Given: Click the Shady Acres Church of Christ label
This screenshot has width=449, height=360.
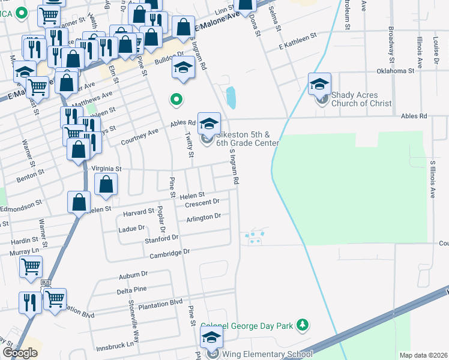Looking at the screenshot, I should coord(361,99).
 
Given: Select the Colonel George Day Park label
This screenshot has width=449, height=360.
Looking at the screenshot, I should coord(247,326).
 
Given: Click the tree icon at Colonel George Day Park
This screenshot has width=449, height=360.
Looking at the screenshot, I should coord(304,325).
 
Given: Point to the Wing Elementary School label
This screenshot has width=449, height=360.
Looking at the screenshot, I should coord(259,355).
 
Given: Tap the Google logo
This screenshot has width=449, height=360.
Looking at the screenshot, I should coord(20,353).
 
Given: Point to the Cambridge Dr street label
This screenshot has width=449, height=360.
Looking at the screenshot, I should coord(170,253).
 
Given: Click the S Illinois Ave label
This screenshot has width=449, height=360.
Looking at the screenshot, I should coord(432,179).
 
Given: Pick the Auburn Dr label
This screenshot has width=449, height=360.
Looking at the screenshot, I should coord(133,275).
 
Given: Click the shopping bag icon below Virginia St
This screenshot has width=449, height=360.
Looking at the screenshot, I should coord(106,186).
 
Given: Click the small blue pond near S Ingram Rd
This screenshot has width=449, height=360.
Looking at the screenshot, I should coord(231,95).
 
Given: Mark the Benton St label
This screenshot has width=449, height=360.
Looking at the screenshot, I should coord(34,173).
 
